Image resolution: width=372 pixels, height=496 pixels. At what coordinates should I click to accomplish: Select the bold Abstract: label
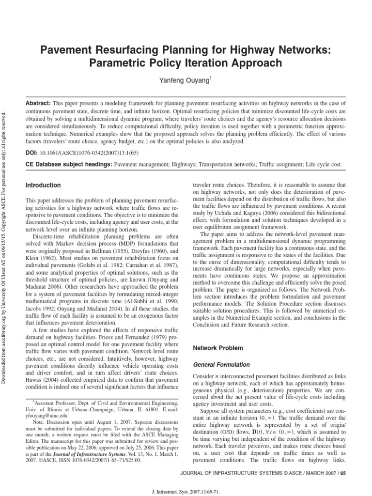38,104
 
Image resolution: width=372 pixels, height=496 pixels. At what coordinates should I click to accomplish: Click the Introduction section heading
43,186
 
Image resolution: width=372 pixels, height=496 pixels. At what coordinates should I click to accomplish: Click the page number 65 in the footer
343,472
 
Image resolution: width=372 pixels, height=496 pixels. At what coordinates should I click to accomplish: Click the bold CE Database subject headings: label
68,165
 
